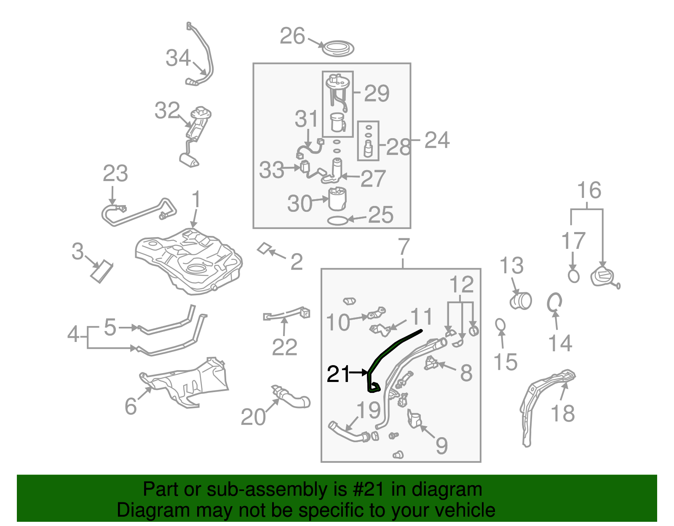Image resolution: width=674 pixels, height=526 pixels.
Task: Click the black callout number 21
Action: pyautogui.click(x=338, y=374)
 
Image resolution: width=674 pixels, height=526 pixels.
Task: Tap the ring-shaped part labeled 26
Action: pyautogui.click(x=337, y=48)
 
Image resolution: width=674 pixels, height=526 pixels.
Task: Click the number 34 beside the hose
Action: pyautogui.click(x=178, y=58)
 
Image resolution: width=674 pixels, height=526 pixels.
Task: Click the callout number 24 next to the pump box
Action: pyautogui.click(x=437, y=140)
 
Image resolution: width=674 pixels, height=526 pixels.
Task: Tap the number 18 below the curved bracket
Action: pyautogui.click(x=562, y=414)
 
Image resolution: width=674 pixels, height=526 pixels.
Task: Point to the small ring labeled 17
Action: pyautogui.click(x=573, y=276)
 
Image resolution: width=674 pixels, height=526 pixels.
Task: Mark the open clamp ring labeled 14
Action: pyautogui.click(x=554, y=302)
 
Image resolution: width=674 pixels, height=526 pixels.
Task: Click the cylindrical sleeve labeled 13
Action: pyautogui.click(x=521, y=301)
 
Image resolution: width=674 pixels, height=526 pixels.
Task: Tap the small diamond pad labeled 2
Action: pyautogui.click(x=264, y=248)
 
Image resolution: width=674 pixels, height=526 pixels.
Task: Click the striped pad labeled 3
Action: pyautogui.click(x=102, y=272)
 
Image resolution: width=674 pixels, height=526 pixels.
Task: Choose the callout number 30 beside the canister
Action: pyautogui.click(x=300, y=204)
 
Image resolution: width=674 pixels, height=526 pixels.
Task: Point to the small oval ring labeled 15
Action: pyautogui.click(x=500, y=325)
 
